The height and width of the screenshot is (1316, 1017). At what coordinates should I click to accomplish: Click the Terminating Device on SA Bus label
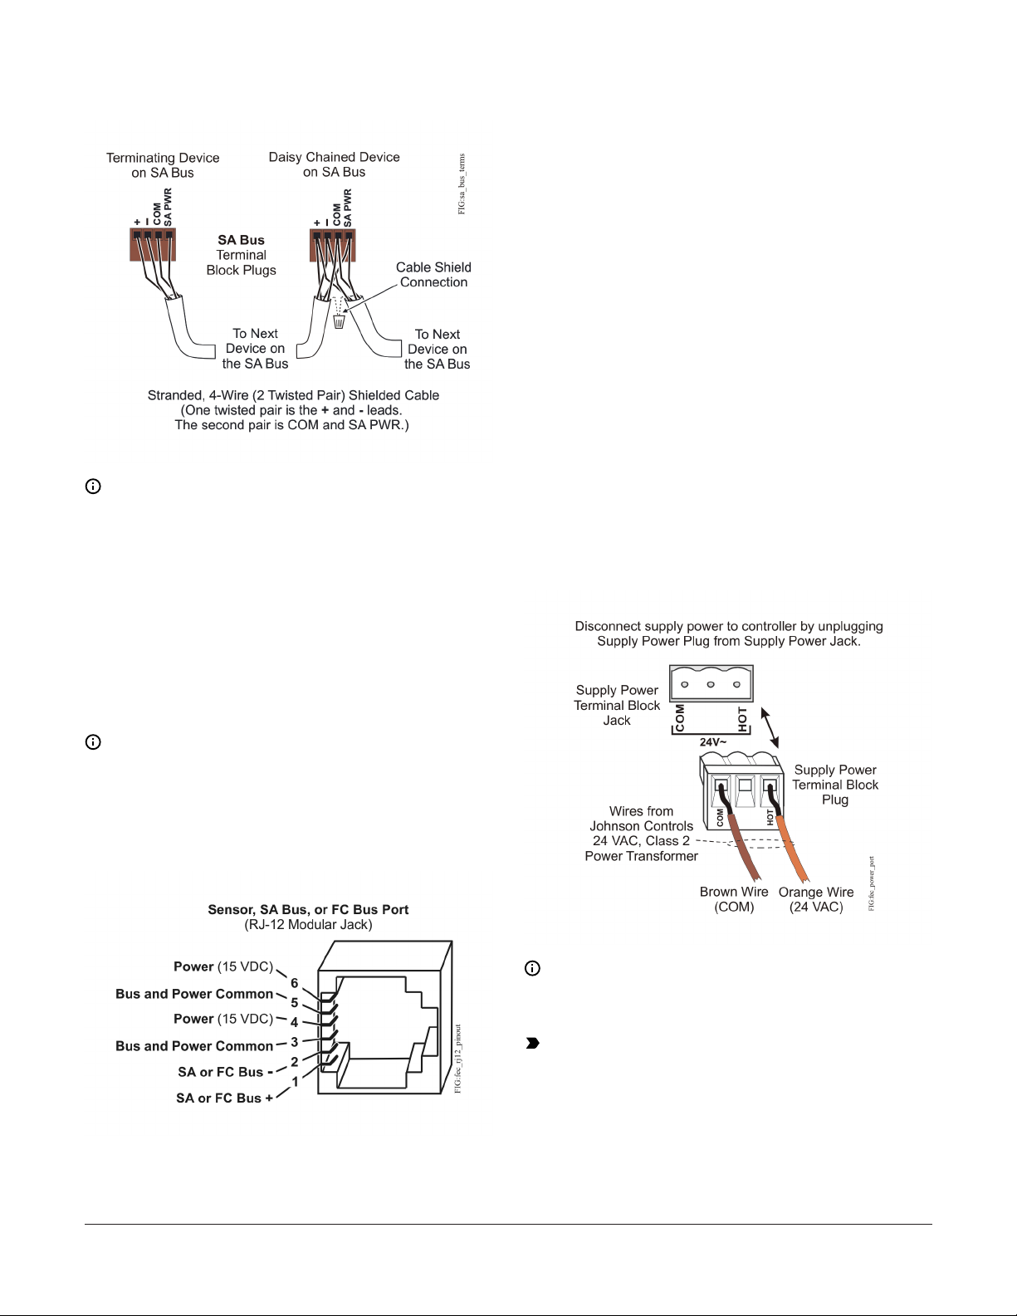coord(163,165)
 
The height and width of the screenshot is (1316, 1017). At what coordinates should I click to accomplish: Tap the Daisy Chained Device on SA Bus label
coord(334,164)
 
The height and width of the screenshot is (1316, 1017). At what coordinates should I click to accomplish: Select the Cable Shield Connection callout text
coord(433,275)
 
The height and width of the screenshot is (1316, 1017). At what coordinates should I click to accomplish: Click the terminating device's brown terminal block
coord(153,245)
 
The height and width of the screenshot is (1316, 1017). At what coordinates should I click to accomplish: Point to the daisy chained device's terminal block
coord(332,245)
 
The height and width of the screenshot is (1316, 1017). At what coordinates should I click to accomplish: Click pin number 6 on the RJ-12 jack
coord(294,984)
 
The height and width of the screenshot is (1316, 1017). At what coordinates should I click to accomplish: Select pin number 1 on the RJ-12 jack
coord(295,1082)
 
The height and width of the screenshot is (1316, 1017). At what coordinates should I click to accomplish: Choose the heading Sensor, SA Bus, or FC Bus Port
coord(308,909)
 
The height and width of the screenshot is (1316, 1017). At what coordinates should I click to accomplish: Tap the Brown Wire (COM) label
coord(734,899)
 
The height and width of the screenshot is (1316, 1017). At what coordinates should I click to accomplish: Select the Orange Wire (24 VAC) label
coord(816,899)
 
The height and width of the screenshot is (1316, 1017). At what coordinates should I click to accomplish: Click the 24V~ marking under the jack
coord(712,742)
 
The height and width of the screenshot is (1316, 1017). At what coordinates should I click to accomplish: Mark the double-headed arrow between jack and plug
coord(771,727)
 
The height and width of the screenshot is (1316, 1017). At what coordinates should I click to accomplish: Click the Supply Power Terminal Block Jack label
coord(617,705)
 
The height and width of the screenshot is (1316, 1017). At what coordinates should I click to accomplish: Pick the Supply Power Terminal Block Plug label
coord(835,785)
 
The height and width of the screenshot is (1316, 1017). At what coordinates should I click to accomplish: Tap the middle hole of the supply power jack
coord(711,685)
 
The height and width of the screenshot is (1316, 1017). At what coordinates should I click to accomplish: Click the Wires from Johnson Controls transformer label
coord(641,834)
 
